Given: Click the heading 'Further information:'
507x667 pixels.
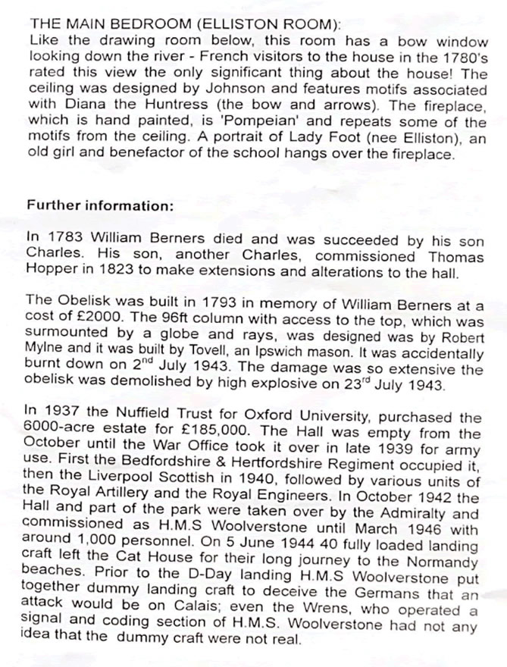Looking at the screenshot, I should tap(100, 205).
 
